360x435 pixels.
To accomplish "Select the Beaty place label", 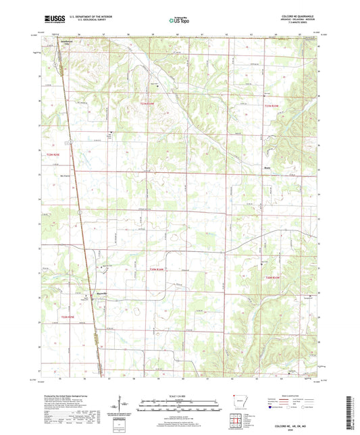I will [x=267, y=170].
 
